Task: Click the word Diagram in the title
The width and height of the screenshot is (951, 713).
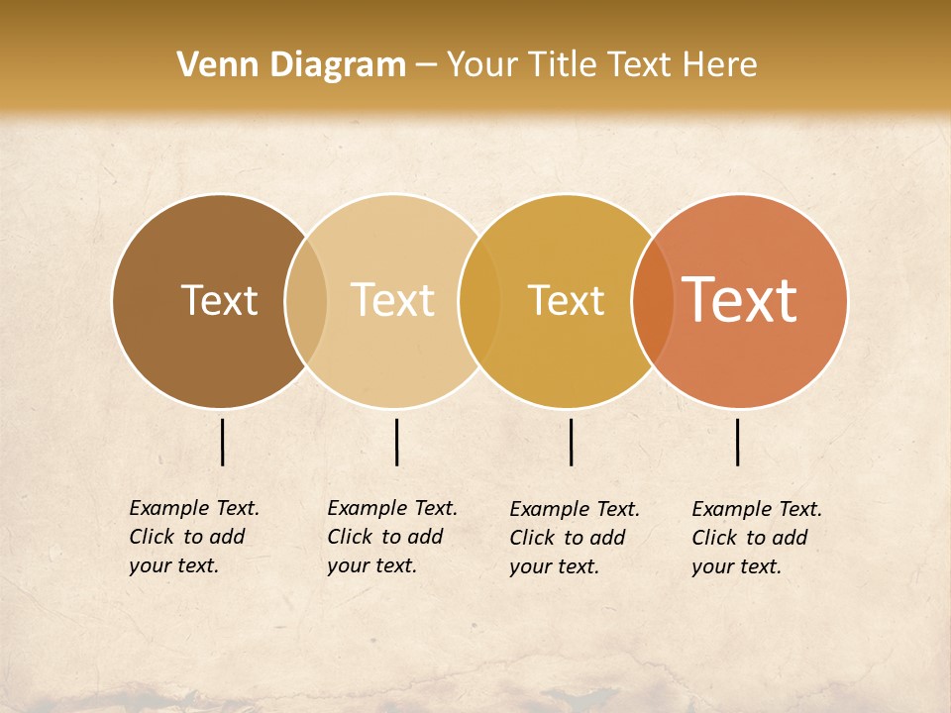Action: (x=337, y=65)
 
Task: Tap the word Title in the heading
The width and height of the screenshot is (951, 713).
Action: (x=562, y=65)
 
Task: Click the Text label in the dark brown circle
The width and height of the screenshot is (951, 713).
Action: (x=219, y=300)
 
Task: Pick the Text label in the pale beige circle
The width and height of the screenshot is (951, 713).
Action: (x=393, y=300)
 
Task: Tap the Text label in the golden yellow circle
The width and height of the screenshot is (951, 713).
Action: (x=566, y=300)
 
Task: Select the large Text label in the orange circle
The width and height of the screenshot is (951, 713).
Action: (x=740, y=300)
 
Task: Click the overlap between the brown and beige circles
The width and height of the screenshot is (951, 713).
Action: (x=306, y=301)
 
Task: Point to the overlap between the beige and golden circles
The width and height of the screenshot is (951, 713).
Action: (x=479, y=301)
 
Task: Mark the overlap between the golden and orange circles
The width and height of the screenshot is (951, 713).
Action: (x=653, y=301)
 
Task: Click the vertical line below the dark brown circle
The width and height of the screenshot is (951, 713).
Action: (x=222, y=442)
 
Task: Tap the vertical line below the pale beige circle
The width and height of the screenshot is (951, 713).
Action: (x=396, y=442)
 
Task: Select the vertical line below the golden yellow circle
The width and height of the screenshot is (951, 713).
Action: (x=571, y=442)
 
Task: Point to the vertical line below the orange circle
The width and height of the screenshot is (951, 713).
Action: (x=737, y=442)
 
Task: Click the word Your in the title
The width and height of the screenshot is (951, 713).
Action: (x=482, y=65)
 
